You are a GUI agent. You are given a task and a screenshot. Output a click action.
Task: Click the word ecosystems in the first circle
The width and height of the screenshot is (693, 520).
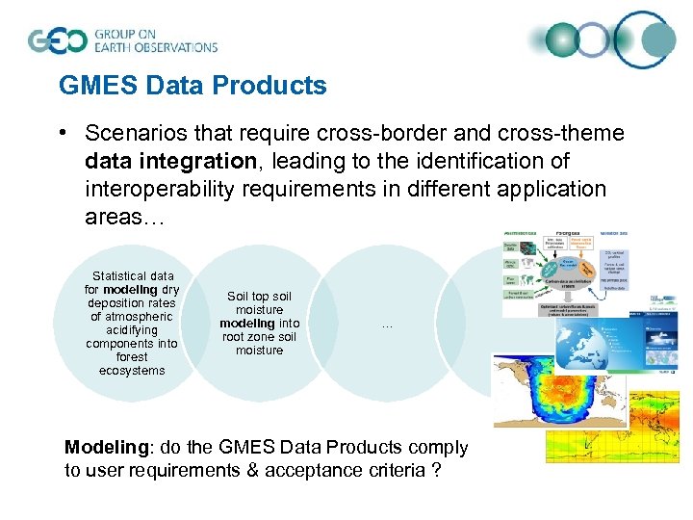(x=132, y=371)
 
